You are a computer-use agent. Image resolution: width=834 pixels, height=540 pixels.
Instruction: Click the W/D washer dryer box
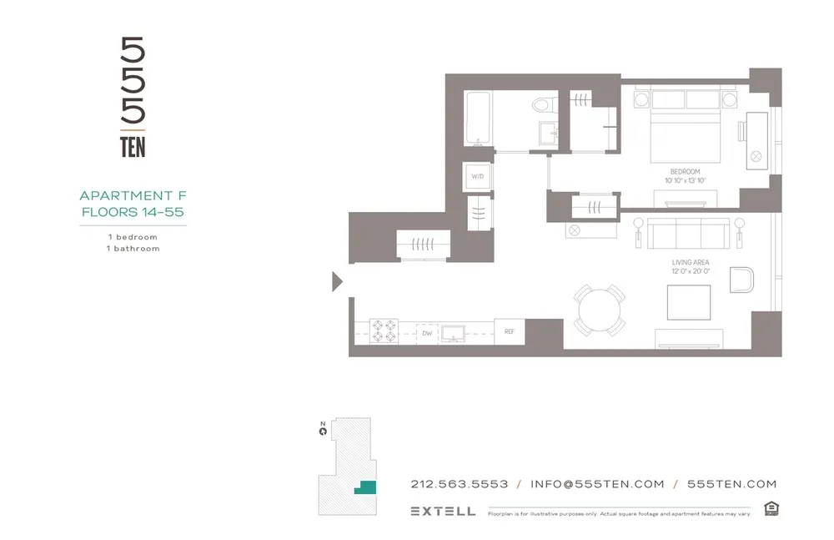[x=478, y=177]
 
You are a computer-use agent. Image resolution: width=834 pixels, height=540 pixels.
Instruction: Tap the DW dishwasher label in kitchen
[x=426, y=333]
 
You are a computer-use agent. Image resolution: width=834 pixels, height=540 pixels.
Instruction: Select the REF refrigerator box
[x=510, y=332]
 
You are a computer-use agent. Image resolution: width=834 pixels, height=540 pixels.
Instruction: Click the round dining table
[x=600, y=310]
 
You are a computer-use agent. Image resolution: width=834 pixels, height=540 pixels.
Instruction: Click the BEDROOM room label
[x=685, y=172]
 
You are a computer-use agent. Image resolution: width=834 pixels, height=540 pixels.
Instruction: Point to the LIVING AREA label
[x=690, y=263]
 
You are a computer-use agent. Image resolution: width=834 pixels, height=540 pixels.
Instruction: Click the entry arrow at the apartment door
[x=337, y=281]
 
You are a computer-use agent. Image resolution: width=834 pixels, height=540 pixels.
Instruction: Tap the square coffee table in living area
[x=689, y=302]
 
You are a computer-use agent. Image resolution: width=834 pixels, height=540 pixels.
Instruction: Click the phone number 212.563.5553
[x=460, y=484]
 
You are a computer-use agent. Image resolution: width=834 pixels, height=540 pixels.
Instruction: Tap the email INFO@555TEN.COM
[x=597, y=484]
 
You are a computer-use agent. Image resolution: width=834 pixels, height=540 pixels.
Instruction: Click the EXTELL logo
[x=443, y=511]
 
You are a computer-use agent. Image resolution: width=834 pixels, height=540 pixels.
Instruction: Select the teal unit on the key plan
[x=364, y=487]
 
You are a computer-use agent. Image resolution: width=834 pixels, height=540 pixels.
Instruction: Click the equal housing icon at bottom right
[x=771, y=508]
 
